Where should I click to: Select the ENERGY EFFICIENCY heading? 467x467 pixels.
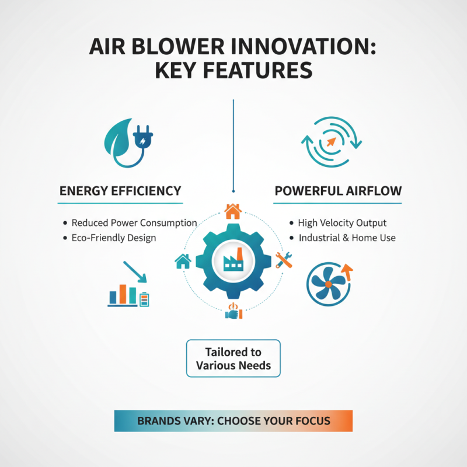[x=120, y=191]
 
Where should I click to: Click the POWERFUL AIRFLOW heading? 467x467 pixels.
[x=337, y=191]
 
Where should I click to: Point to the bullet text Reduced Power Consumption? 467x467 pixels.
[x=134, y=223]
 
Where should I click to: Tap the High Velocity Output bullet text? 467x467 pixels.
[x=342, y=223]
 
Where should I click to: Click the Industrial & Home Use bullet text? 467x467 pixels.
[x=347, y=238]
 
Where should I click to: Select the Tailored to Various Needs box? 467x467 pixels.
[x=233, y=359]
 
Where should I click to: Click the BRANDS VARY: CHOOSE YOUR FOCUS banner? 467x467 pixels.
[x=233, y=420]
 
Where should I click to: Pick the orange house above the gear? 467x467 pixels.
[x=232, y=211]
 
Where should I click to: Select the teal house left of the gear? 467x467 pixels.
[x=183, y=261]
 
